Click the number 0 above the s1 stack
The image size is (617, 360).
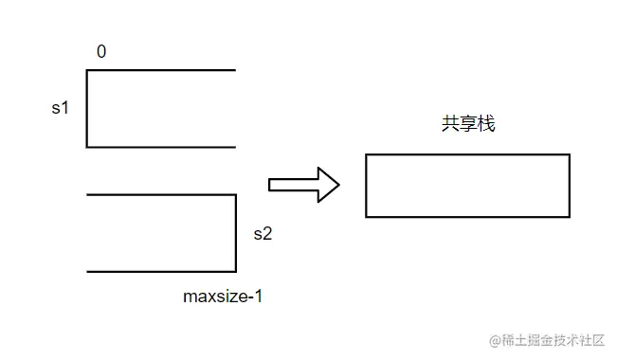click(101, 52)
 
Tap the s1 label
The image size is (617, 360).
click(61, 109)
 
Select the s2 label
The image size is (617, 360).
click(263, 233)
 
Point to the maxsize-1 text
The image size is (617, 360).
click(223, 297)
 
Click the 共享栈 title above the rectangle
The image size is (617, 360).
click(467, 124)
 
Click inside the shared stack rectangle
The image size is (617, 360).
click(467, 186)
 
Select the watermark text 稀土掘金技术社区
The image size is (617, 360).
click(553, 339)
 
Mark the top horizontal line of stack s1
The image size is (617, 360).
click(161, 70)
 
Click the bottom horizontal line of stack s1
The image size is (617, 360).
click(161, 147)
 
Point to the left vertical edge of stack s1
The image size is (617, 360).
click(87, 109)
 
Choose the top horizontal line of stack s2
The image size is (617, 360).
click(161, 195)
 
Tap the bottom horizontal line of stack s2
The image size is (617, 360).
click(161, 272)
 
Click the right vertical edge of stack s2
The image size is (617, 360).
click(235, 233)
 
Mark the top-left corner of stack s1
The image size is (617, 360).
click(87, 70)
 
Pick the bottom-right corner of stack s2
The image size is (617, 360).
click(235, 272)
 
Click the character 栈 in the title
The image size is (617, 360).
click(486, 124)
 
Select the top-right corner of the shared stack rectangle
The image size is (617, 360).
click(570, 154)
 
